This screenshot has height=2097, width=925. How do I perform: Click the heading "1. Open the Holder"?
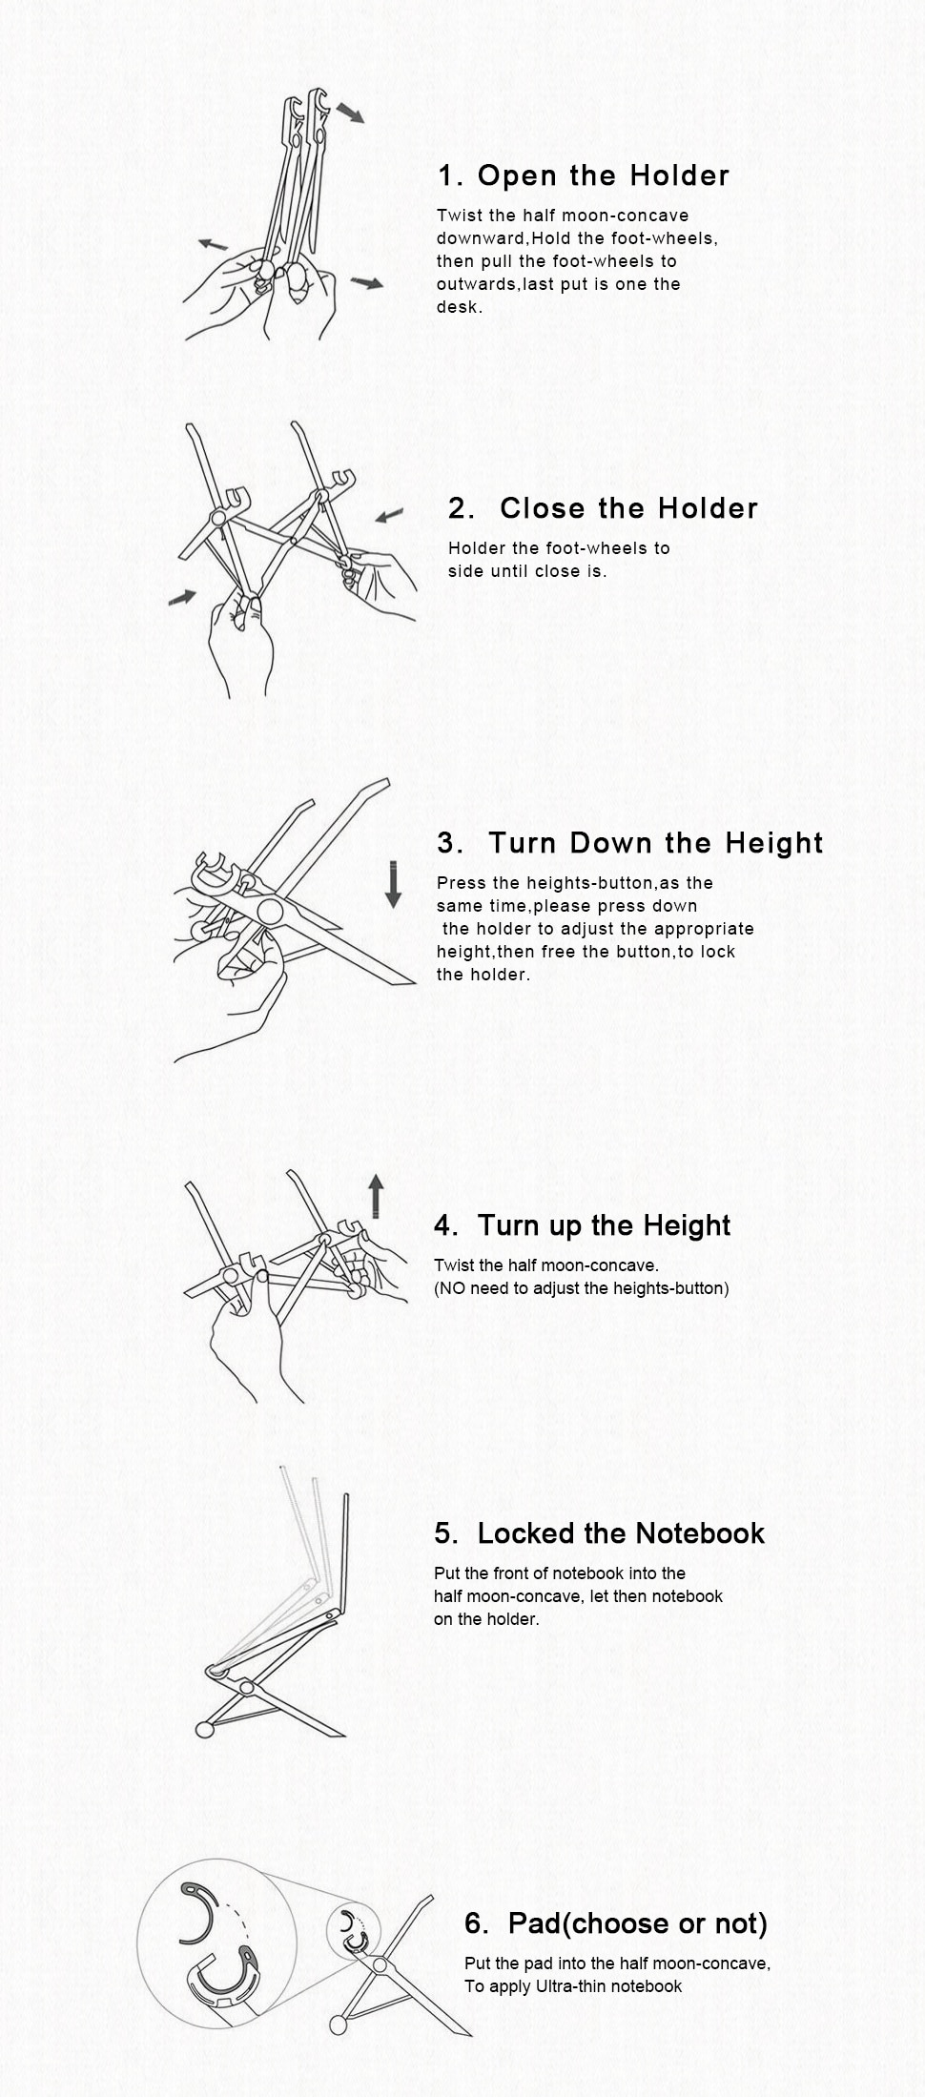(584, 175)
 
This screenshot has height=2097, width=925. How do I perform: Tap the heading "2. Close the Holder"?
(603, 508)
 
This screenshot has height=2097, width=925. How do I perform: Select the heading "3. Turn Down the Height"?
(629, 843)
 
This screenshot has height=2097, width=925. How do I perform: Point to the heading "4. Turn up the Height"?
(582, 1225)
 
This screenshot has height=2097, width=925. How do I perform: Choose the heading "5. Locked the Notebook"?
(599, 1533)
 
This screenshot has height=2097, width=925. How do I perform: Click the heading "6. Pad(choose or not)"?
(616, 1923)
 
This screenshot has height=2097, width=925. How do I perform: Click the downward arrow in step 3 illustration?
(393, 883)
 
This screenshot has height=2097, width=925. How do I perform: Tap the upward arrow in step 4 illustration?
(377, 1196)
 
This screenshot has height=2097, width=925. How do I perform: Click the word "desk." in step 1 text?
(460, 307)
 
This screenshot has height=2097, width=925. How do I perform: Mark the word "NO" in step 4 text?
(452, 1288)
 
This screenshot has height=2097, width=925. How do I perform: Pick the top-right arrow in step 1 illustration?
(350, 113)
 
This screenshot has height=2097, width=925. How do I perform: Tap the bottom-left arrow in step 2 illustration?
(182, 597)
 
